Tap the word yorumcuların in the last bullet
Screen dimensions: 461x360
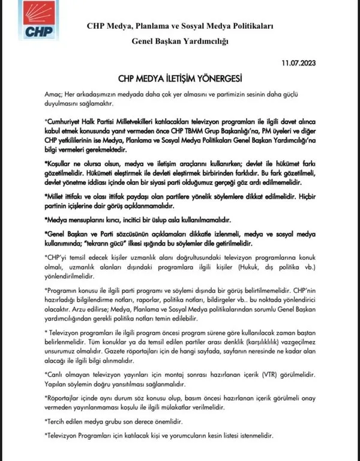(188, 435)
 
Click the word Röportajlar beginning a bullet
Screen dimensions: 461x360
(49, 397)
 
